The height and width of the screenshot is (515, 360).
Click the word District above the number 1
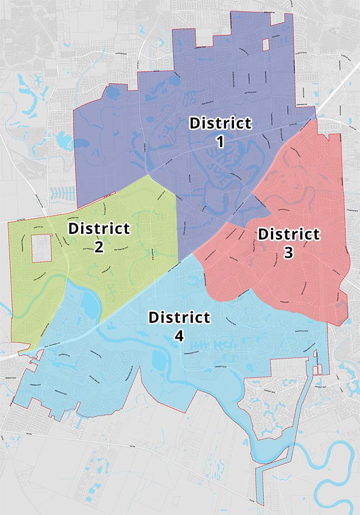click(x=221, y=124)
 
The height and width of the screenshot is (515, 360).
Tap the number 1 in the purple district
click(x=221, y=141)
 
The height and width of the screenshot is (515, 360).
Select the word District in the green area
click(x=99, y=228)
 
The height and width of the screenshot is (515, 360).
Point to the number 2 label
click(x=99, y=247)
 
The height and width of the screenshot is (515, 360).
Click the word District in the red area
click(x=289, y=234)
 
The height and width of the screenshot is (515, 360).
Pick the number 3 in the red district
click(x=289, y=253)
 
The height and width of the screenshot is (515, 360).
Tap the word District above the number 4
click(x=179, y=318)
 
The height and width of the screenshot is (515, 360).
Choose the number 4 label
click(x=179, y=336)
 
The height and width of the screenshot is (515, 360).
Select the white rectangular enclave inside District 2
click(x=43, y=248)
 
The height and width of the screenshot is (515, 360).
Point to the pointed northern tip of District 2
click(x=149, y=176)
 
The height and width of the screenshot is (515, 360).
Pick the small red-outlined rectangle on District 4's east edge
click(x=318, y=369)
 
